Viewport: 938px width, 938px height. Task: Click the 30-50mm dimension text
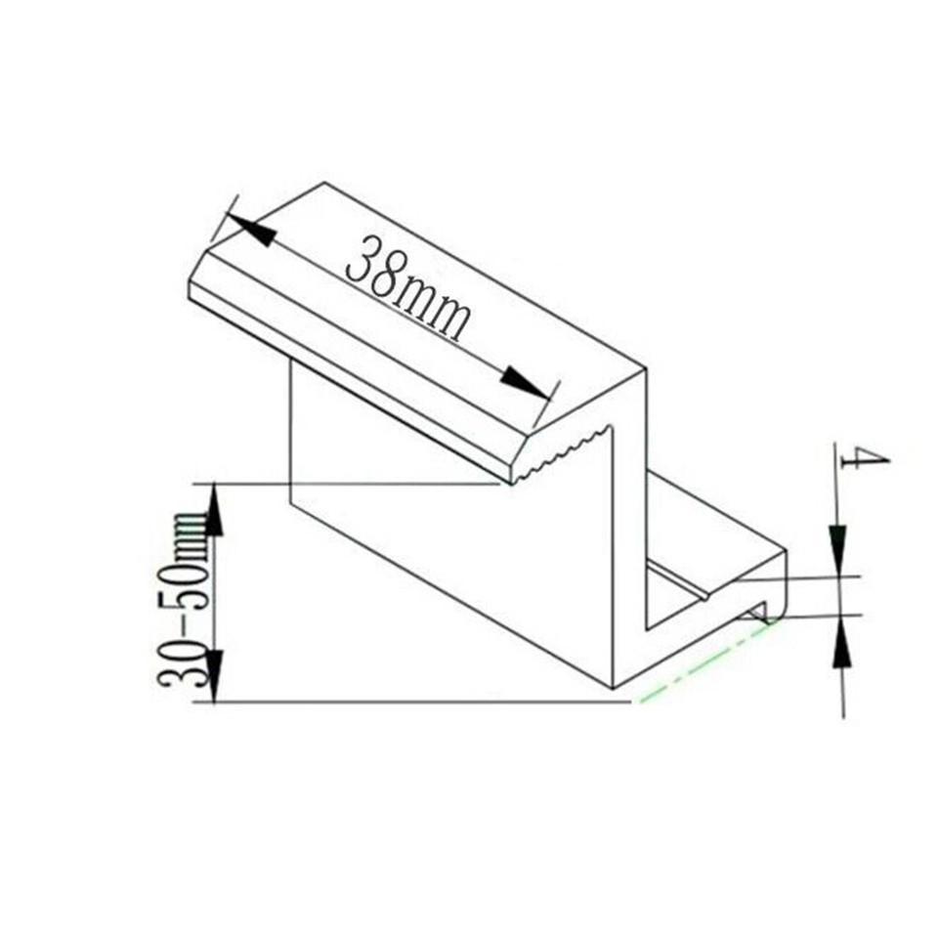(x=183, y=597)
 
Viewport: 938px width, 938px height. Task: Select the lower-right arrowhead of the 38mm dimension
(x=524, y=382)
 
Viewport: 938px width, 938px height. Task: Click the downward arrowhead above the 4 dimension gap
(x=838, y=546)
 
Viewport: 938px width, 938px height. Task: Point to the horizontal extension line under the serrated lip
(x=352, y=483)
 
